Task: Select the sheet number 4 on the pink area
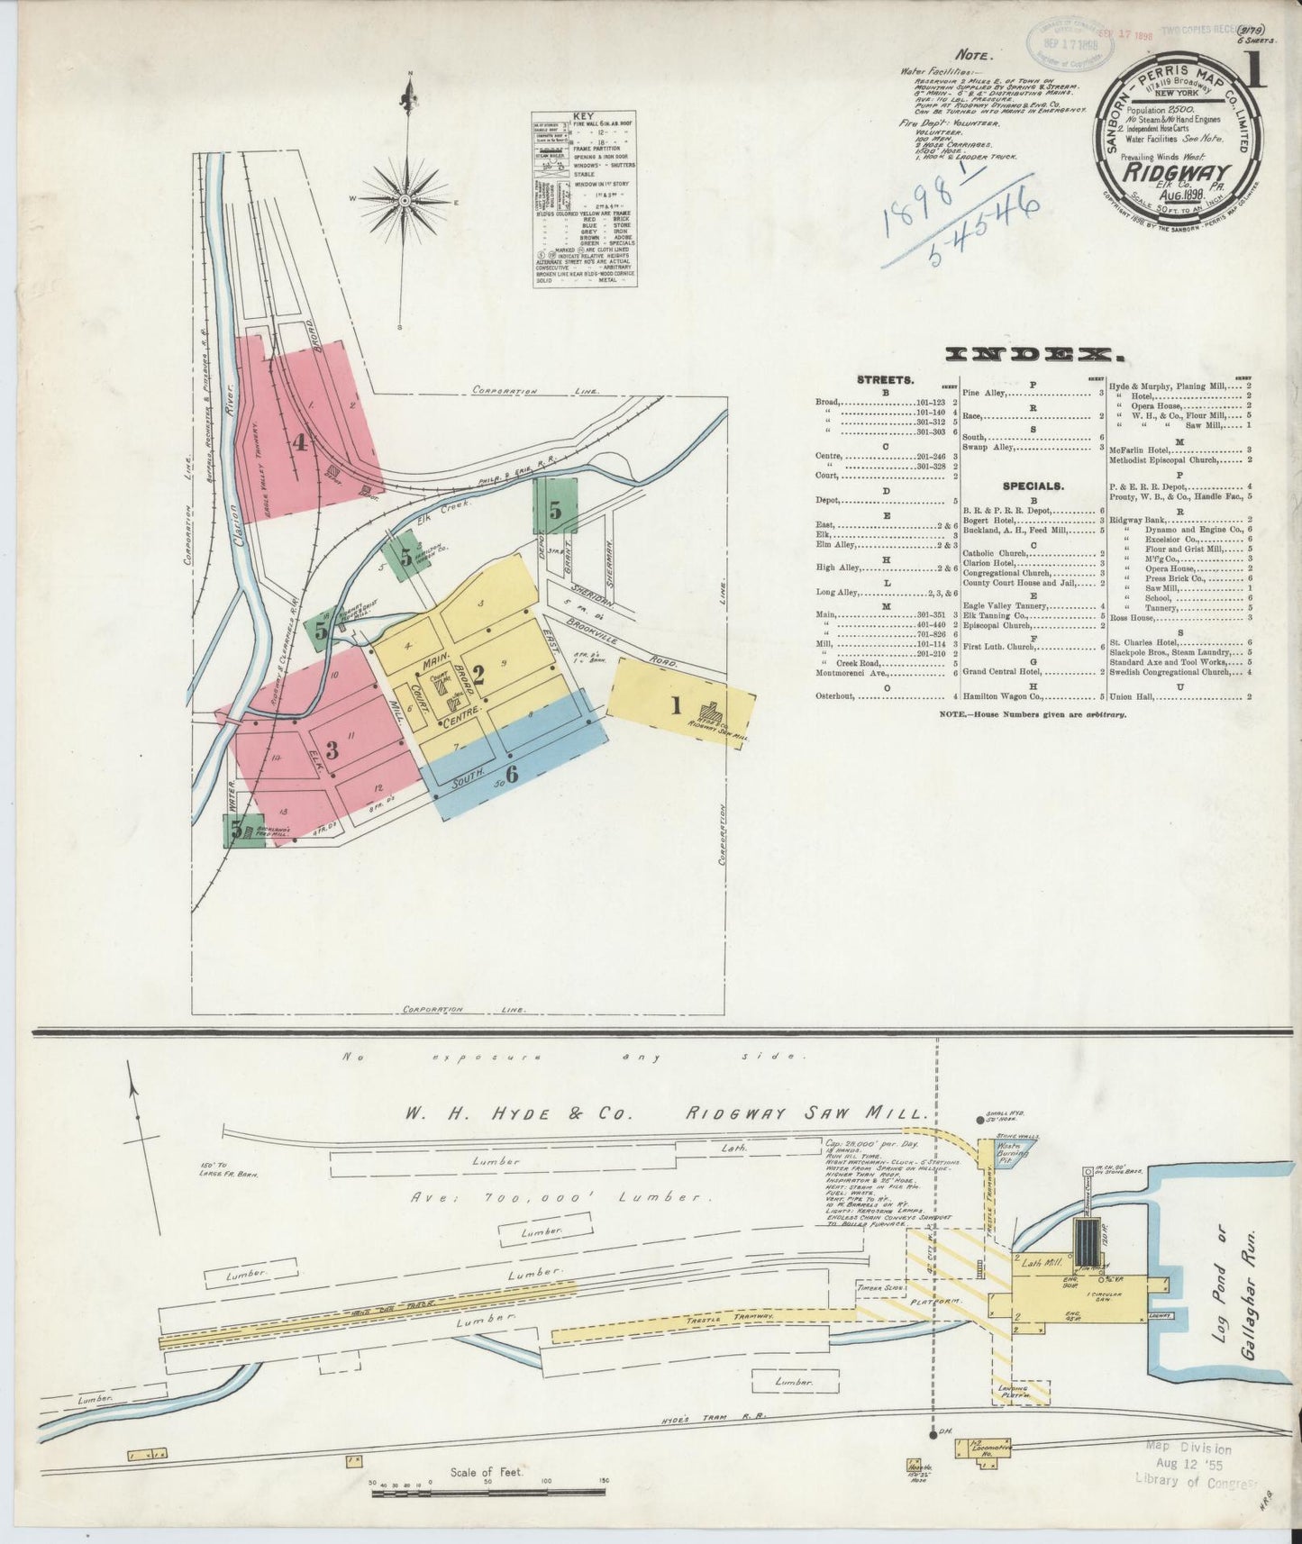(299, 442)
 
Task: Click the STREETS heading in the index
(886, 380)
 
